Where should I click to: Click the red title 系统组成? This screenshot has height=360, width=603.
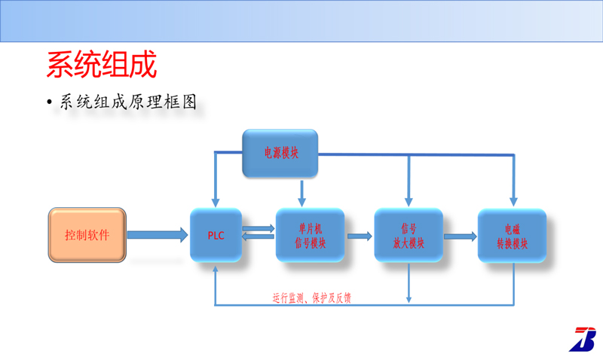[102, 65]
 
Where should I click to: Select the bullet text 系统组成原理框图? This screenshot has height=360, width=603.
[128, 102]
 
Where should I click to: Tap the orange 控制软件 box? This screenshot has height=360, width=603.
[87, 235]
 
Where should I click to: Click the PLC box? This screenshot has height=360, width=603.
[216, 235]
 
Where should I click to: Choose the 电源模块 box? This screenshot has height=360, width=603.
[280, 153]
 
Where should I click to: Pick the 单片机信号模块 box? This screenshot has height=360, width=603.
[310, 235]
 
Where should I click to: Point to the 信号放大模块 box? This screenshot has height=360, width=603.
[409, 235]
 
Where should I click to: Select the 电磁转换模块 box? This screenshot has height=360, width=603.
[513, 235]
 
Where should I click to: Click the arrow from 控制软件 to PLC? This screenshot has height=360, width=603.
[158, 235]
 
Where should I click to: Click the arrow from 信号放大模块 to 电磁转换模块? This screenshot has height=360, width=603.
[460, 236]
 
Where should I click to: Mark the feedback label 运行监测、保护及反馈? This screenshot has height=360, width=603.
[311, 297]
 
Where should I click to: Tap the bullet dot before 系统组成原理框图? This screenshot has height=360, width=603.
[50, 103]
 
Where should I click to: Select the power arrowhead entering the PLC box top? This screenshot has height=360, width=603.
[216, 201]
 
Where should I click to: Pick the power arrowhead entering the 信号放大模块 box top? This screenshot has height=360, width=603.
[409, 201]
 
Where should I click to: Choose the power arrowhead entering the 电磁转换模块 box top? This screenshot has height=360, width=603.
[513, 201]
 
